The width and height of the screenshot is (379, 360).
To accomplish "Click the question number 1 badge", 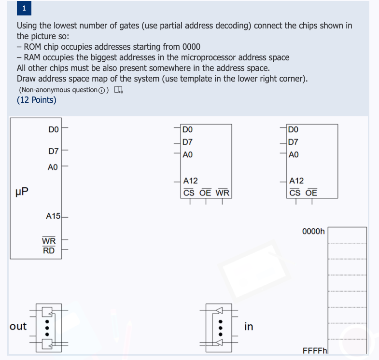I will [24, 8].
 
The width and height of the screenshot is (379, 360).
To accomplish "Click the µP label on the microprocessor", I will [22, 192].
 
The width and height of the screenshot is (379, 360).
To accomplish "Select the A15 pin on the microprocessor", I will [53, 216].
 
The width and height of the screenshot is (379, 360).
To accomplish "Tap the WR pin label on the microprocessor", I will [49, 241].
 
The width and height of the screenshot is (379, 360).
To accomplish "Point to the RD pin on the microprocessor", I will [49, 250].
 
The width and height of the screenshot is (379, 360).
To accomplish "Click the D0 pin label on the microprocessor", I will [53, 129].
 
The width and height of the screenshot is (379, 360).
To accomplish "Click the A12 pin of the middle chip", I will [191, 181].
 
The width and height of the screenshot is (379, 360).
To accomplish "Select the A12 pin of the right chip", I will [296, 181].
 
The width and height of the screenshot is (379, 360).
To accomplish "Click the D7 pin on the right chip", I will [293, 142].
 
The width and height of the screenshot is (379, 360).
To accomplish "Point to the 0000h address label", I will [313, 232].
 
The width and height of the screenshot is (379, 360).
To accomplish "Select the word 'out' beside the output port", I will [18, 327].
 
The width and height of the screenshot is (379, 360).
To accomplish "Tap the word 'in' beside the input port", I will [249, 327].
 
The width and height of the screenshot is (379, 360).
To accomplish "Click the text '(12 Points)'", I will [36, 100].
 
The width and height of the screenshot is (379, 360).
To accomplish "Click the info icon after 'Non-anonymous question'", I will [100, 90].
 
